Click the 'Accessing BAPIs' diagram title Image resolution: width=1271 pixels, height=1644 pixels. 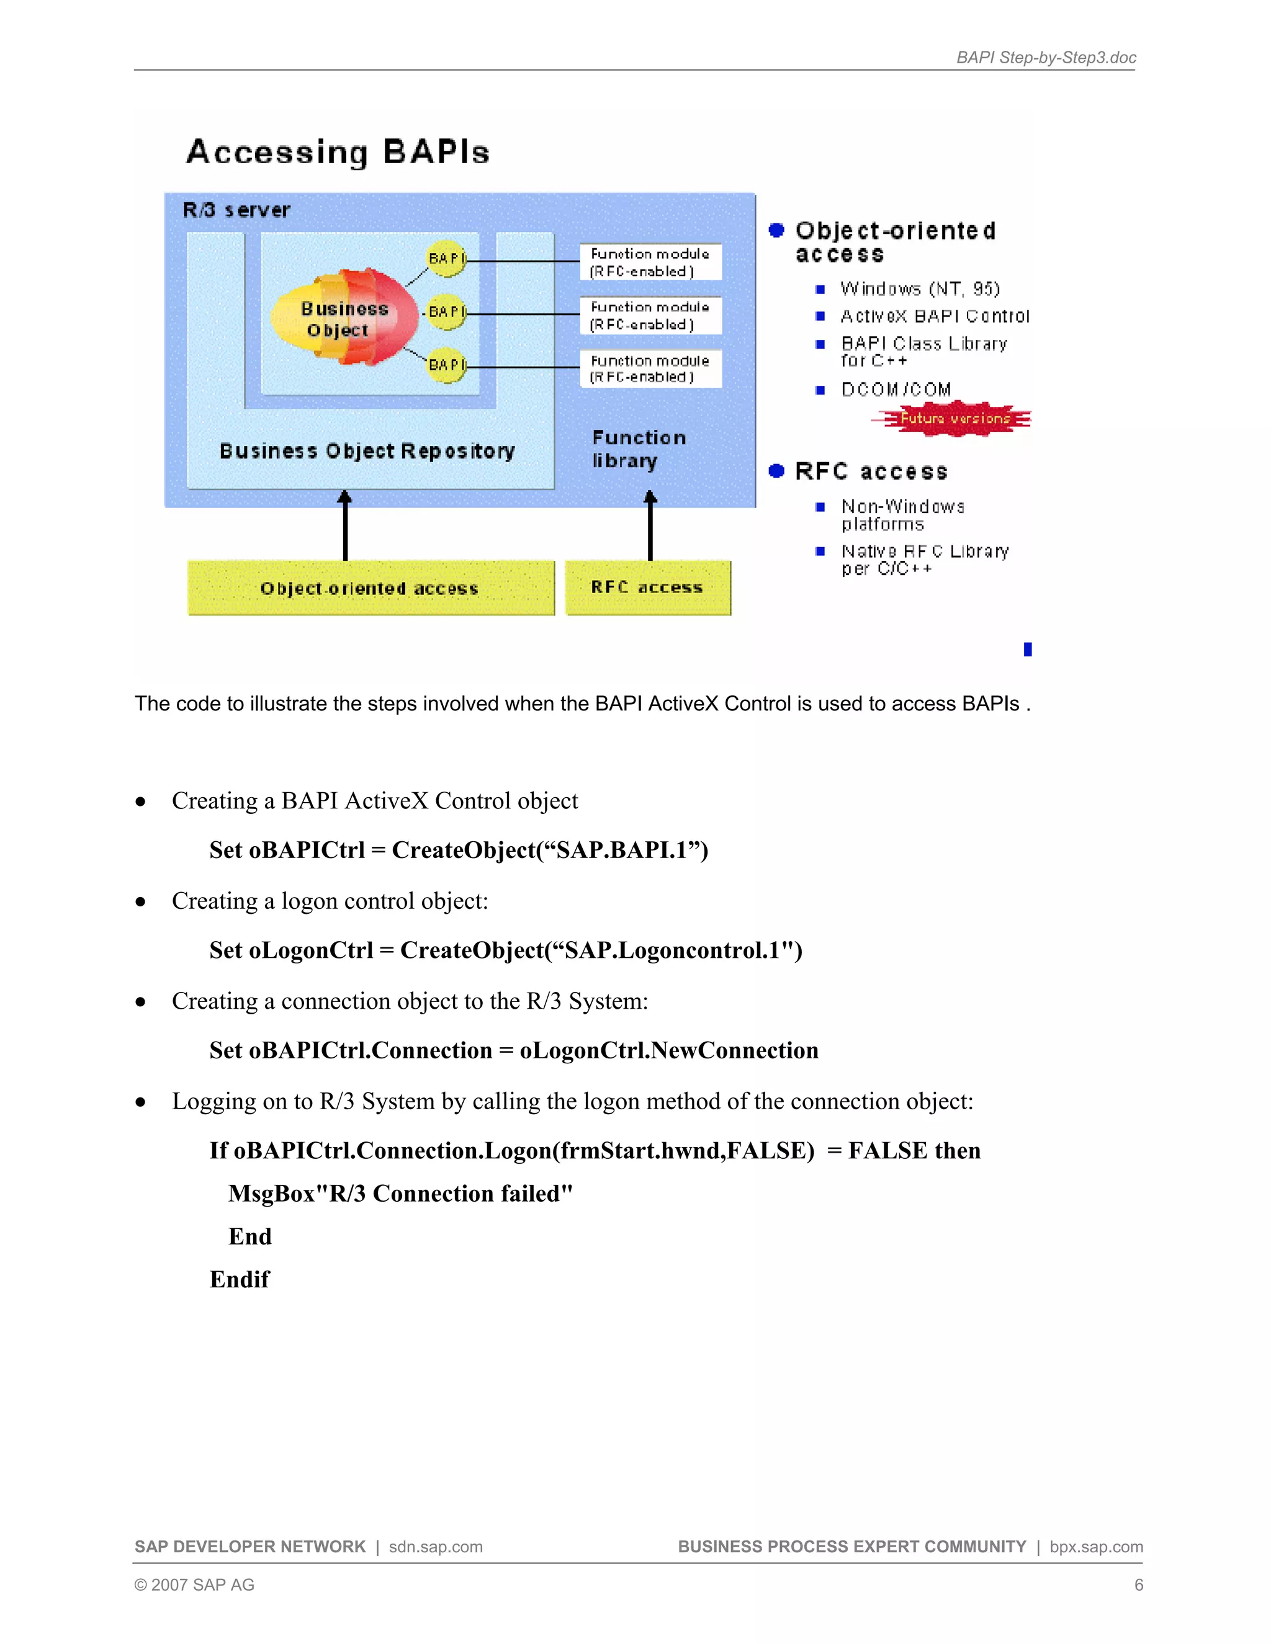pyautogui.click(x=338, y=152)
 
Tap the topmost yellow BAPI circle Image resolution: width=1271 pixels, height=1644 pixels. pyautogui.click(x=446, y=259)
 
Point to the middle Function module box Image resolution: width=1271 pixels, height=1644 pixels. pyautogui.click(x=650, y=315)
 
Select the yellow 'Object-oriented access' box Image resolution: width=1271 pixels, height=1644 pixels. pyautogui.click(x=370, y=589)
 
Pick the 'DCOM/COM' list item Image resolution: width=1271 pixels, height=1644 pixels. pyautogui.click(x=896, y=389)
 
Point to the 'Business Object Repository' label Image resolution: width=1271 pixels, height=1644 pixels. pyautogui.click(x=367, y=451)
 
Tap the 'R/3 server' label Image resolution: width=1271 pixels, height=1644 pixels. pyautogui.click(x=236, y=210)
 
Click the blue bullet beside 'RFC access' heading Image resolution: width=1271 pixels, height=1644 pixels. pyautogui.click(x=776, y=471)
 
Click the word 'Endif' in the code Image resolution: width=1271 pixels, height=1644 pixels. pyautogui.click(x=240, y=1279)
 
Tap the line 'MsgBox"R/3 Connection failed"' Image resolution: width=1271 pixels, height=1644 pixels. pyautogui.click(x=400, y=1193)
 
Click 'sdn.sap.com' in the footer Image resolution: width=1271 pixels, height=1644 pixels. pyautogui.click(x=435, y=1546)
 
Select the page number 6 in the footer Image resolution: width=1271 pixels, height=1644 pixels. pyautogui.click(x=1138, y=1584)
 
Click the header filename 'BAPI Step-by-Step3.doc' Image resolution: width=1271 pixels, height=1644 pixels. pyautogui.click(x=1045, y=58)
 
